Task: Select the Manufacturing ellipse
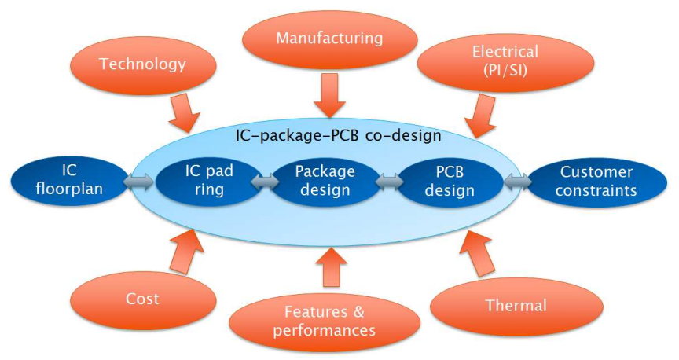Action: (x=331, y=37)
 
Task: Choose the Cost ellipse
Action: (x=142, y=299)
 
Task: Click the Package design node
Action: (x=325, y=181)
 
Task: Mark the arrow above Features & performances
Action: (x=331, y=266)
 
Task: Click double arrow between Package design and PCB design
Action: (x=387, y=182)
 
